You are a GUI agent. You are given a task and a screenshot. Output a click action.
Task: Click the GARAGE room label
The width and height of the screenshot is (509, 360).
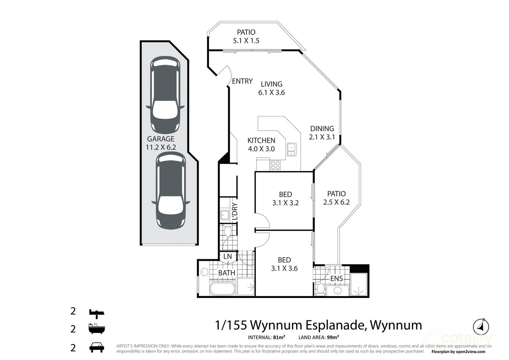coord(161,139)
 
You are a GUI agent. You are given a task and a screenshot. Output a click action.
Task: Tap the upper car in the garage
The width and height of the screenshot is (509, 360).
coord(165,95)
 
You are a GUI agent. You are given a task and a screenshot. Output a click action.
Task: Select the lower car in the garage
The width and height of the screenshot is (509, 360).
coord(171,191)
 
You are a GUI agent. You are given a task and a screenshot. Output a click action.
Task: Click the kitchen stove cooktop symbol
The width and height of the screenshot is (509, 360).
coord(275,165)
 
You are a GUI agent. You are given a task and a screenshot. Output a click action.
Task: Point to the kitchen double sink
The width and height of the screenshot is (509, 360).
coord(291,149)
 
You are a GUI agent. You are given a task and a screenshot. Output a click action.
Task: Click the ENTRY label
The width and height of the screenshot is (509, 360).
coord(242,81)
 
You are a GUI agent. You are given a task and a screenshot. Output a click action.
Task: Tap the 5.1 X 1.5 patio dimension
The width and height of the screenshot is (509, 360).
coord(246,41)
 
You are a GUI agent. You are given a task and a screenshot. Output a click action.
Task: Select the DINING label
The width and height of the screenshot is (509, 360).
coord(322,129)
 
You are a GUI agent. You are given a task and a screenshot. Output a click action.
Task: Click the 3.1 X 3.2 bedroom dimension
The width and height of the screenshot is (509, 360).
coord(285,203)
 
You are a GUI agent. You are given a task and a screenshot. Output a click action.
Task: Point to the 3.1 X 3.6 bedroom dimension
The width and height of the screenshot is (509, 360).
coord(284,268)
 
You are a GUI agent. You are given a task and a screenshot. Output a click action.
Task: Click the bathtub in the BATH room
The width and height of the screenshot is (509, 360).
coord(222,289)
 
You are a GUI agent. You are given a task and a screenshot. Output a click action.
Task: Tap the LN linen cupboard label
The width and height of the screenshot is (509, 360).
coord(227,256)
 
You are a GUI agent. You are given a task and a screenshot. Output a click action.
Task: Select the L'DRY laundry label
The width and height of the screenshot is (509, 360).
coord(234,211)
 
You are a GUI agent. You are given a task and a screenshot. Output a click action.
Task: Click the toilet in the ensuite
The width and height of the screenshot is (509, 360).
coord(321,289)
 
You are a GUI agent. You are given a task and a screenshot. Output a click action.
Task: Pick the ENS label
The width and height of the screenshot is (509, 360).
coord(336,278)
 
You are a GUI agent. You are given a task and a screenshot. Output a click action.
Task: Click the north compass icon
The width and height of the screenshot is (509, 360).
coord(481,327)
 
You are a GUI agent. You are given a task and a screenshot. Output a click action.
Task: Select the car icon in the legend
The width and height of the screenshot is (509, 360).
coord(97,348)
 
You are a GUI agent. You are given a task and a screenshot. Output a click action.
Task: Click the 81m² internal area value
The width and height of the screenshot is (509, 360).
coord(279,337)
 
